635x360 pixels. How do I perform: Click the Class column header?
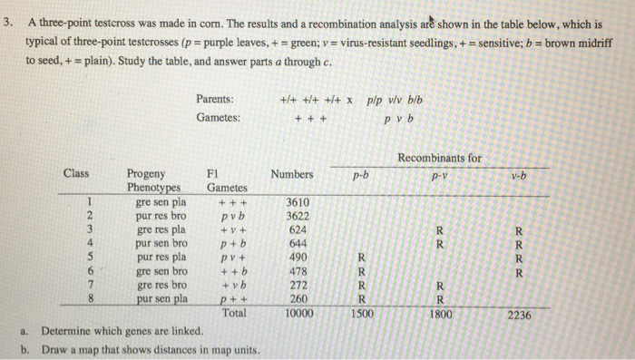(x=76, y=173)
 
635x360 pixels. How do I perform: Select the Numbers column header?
(x=292, y=173)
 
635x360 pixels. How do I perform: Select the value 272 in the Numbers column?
(x=298, y=284)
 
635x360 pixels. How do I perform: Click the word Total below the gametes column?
(x=234, y=313)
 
